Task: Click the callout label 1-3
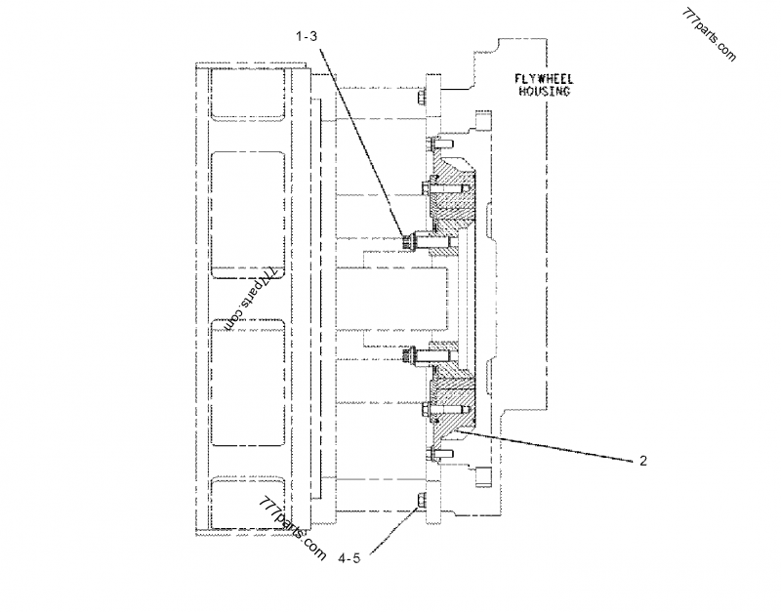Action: pos(307,35)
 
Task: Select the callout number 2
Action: pos(643,462)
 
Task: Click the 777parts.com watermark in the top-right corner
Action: pos(710,30)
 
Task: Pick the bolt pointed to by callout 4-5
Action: pos(421,502)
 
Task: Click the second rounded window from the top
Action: pos(248,207)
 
